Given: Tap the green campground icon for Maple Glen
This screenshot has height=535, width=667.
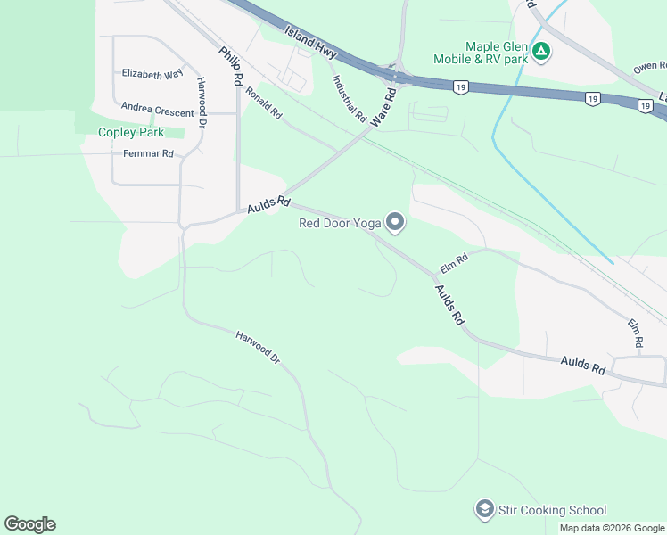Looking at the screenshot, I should (x=541, y=53).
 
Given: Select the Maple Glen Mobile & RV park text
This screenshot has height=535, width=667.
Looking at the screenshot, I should (x=496, y=53).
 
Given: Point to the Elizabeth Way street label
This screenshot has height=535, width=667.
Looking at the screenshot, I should (x=152, y=74).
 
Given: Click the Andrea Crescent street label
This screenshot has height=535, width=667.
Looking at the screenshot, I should (x=158, y=113).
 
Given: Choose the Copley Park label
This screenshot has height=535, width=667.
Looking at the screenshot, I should (x=131, y=132).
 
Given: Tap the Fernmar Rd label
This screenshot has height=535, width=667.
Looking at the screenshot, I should (x=149, y=153).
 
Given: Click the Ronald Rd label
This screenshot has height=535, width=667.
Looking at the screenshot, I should (x=264, y=103).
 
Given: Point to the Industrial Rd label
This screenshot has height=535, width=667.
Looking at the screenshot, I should (x=350, y=97).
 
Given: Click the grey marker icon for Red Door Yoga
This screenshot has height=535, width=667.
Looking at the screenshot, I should (x=395, y=223).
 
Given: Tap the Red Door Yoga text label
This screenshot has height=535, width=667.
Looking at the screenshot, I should (x=340, y=223).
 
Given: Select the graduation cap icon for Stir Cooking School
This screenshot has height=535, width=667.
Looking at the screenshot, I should (x=485, y=510).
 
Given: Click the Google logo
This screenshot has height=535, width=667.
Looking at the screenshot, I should (x=29, y=524).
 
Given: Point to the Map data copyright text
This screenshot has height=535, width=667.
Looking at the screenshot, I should (x=612, y=528).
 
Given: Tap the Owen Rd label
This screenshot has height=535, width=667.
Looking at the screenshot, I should (x=650, y=67).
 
